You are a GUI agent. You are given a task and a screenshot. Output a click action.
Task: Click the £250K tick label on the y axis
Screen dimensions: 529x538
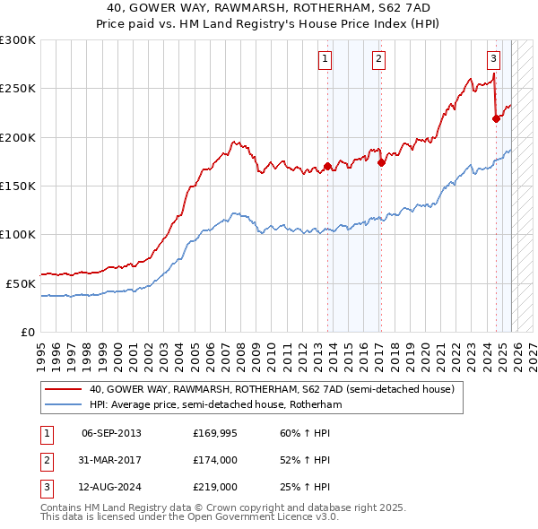pos(18,89)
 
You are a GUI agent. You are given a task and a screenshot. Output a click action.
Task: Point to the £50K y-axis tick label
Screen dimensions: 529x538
pos(22,283)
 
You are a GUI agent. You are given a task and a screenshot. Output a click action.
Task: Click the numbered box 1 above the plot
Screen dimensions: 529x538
pos(324,60)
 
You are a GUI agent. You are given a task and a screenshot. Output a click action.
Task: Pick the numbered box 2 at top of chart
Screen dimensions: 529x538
pos(378,60)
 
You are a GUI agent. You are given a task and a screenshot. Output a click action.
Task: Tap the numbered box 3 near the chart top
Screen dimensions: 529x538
pos(493,60)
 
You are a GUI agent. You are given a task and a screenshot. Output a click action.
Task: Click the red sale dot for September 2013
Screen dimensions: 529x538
pos(328,166)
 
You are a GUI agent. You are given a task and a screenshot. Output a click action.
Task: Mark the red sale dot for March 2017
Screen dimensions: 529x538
pos(382,162)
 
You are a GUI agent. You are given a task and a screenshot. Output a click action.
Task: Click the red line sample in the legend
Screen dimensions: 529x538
pos(64,390)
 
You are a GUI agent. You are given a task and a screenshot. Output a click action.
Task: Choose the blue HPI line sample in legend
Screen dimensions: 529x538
pos(64,404)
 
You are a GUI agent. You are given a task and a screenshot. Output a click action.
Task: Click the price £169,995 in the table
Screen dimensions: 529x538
pos(215,434)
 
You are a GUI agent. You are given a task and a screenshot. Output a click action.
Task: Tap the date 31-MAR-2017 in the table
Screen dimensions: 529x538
pos(111,460)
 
